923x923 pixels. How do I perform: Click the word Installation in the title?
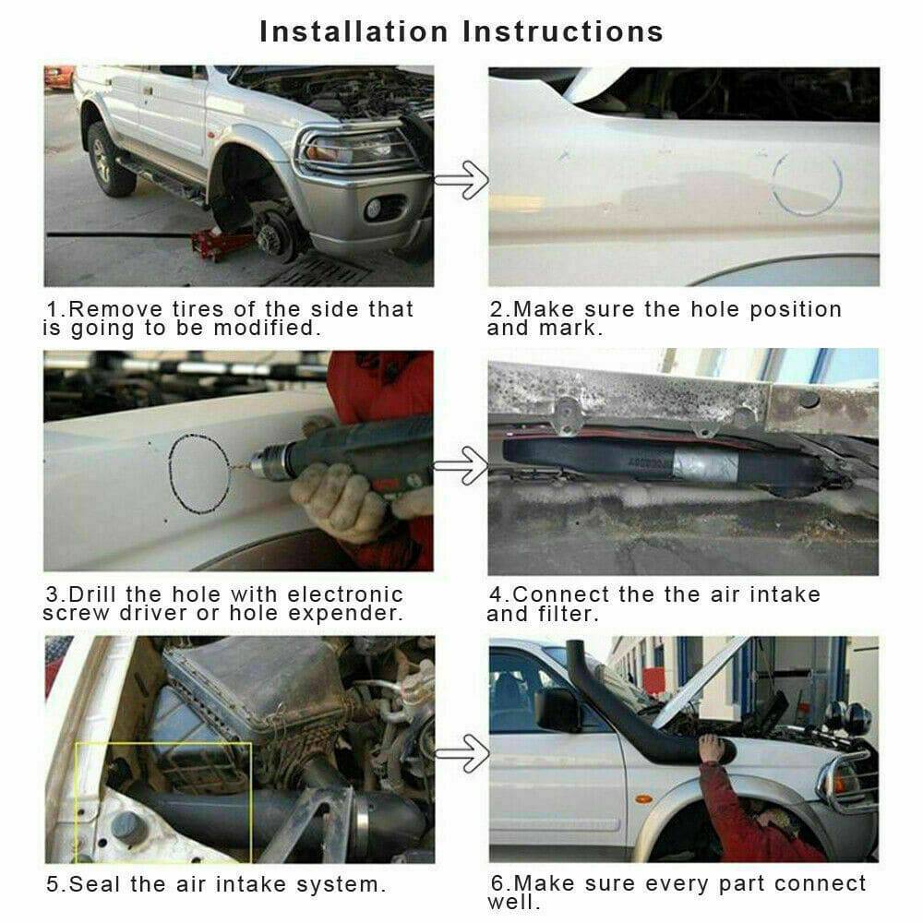coord(354,31)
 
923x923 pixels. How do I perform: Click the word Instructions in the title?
coord(563,31)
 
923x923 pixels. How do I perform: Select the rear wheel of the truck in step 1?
coord(110,160)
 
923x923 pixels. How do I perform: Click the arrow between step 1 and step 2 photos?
coord(461,180)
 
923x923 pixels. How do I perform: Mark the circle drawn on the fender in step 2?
coord(808,183)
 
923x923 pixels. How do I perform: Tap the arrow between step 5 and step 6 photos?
coord(461,753)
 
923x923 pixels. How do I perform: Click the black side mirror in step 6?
coord(557,709)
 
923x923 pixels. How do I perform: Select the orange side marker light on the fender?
coord(643,798)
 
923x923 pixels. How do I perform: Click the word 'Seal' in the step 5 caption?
coord(95,884)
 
